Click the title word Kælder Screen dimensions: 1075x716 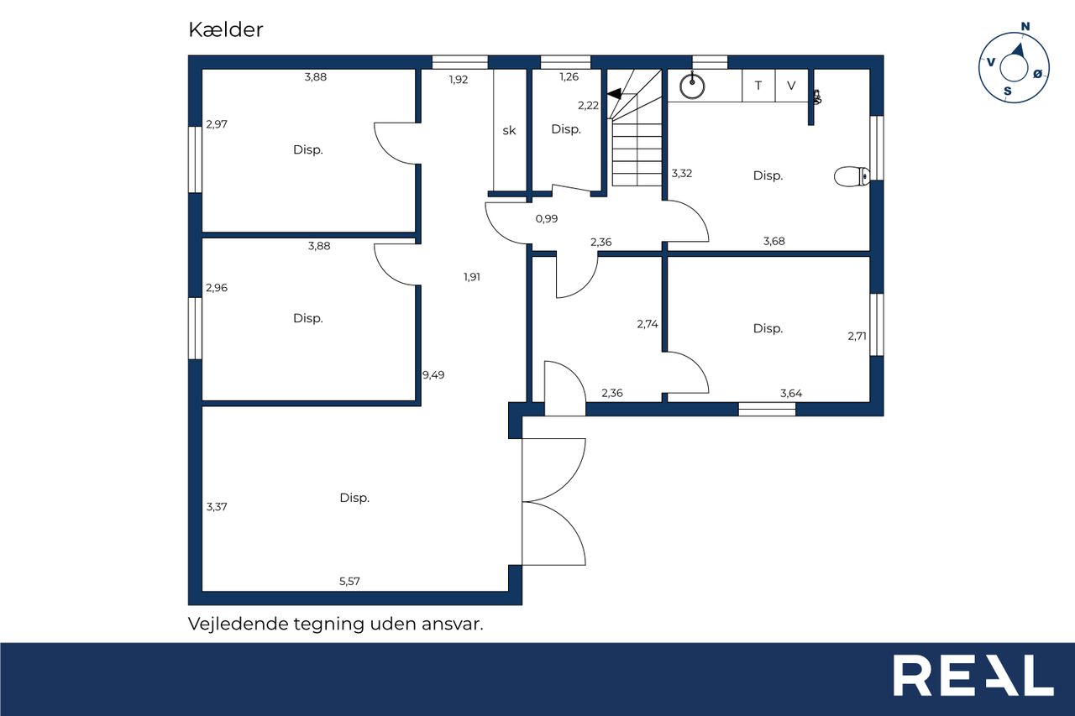coord(226,29)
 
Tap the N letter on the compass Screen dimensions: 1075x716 coord(1025,26)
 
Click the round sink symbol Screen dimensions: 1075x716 coord(692,86)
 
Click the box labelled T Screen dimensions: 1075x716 coord(758,86)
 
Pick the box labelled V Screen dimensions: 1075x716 coord(791,86)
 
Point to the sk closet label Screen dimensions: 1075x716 coord(509,130)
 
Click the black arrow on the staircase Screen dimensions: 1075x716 coord(614,93)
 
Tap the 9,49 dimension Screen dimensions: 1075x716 coord(433,375)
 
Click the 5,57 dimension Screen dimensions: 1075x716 coord(349,581)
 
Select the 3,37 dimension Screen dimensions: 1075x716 coord(217,507)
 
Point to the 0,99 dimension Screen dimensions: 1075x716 coord(547,219)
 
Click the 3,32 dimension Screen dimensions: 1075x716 coord(681,174)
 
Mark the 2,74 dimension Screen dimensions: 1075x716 coord(648,324)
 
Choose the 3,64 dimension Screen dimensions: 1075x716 coord(791,394)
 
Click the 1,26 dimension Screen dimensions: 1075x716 coord(569,76)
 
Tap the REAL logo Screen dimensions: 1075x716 coord(973,675)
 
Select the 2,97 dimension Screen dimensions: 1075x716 coord(217,124)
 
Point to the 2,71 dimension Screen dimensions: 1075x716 coord(857,337)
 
